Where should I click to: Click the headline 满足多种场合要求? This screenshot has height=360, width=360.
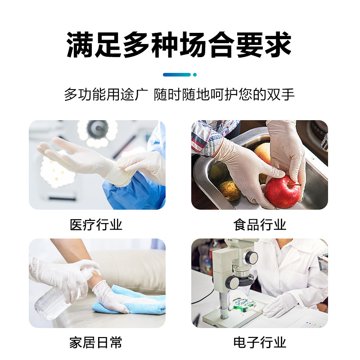coord(179,45)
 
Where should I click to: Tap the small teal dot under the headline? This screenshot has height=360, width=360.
coord(195,75)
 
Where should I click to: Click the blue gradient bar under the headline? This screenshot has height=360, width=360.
coord(177,75)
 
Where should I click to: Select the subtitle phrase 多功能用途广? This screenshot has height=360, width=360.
coord(106,94)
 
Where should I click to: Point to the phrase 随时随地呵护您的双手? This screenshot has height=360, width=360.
coord(224,94)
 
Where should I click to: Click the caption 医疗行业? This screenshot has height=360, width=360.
coord(96,225)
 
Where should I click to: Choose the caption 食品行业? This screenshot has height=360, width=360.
coord(260,225)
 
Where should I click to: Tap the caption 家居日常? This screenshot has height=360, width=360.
coord(96,342)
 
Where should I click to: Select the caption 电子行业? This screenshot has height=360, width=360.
coord(260,342)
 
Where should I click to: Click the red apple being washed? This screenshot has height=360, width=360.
coord(282,191)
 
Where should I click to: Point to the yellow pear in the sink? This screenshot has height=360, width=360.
coord(229,190)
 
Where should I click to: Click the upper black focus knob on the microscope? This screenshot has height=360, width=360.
coord(251,257)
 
